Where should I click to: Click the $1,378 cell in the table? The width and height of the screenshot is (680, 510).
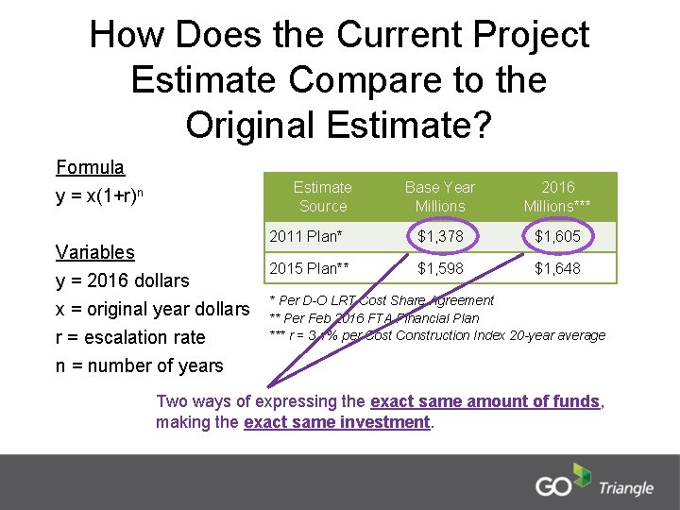pos(440,236)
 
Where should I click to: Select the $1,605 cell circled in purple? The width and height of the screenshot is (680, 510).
pos(558,236)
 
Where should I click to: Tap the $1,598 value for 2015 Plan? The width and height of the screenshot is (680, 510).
pos(440,269)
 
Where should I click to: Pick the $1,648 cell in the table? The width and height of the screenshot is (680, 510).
pos(558,269)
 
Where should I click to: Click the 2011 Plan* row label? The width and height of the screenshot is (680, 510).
pos(306,236)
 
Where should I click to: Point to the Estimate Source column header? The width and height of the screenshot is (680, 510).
pos(322,196)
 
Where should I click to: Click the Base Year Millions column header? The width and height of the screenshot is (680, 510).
pos(440,196)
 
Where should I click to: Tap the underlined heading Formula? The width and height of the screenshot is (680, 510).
pos(90,168)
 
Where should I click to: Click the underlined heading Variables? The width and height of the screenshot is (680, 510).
pos(95,252)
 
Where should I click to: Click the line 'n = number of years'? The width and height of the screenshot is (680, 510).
pos(140,365)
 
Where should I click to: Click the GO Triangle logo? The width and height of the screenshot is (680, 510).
pos(594,483)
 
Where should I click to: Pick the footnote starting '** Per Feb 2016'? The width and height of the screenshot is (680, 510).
pos(374,317)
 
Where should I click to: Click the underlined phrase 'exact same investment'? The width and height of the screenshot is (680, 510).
pos(337,422)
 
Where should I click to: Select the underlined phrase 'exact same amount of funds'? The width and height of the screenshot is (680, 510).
pos(485,401)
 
